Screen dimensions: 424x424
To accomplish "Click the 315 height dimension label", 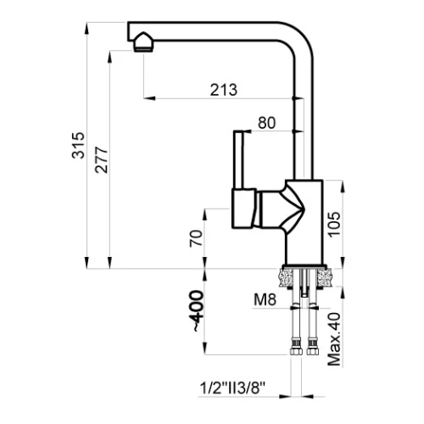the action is [78, 145].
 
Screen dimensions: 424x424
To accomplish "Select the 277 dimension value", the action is [101, 159].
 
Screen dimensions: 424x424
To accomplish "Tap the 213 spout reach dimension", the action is [224, 90].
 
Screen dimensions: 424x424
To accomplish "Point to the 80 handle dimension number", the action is [266, 123].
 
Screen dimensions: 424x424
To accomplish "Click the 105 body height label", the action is [334, 224].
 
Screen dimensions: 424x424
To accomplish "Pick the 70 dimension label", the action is [196, 238].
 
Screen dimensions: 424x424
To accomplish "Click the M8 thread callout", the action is [265, 299].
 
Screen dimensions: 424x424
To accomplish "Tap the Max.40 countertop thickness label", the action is [334, 339].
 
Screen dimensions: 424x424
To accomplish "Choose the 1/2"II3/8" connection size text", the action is [233, 388].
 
